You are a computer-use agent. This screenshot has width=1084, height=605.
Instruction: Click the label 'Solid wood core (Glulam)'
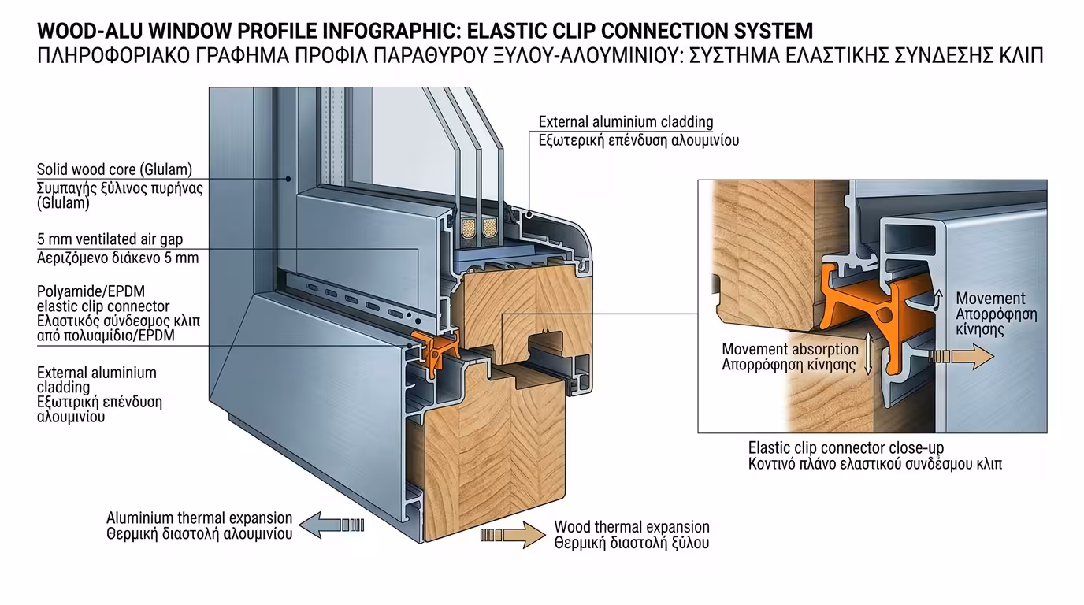[114, 170]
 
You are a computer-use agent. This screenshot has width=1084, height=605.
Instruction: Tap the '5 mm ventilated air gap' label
[110, 239]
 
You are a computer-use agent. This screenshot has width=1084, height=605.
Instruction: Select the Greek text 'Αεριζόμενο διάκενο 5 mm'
[117, 258]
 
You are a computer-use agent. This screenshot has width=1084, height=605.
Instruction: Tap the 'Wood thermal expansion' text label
[631, 527]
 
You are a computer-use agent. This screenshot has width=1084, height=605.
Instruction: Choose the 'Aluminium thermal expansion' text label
[199, 518]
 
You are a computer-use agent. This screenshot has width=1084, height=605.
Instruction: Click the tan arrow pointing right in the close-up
[961, 357]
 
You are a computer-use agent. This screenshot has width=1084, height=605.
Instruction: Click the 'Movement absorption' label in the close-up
[789, 349]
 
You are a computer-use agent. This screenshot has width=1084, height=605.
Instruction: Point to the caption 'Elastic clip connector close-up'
[841, 447]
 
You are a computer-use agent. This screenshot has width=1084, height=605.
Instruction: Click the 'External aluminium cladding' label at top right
[626, 122]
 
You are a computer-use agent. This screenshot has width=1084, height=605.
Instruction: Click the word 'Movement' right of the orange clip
[990, 299]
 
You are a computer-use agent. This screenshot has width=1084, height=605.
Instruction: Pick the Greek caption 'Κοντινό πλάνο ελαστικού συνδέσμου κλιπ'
[874, 464]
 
